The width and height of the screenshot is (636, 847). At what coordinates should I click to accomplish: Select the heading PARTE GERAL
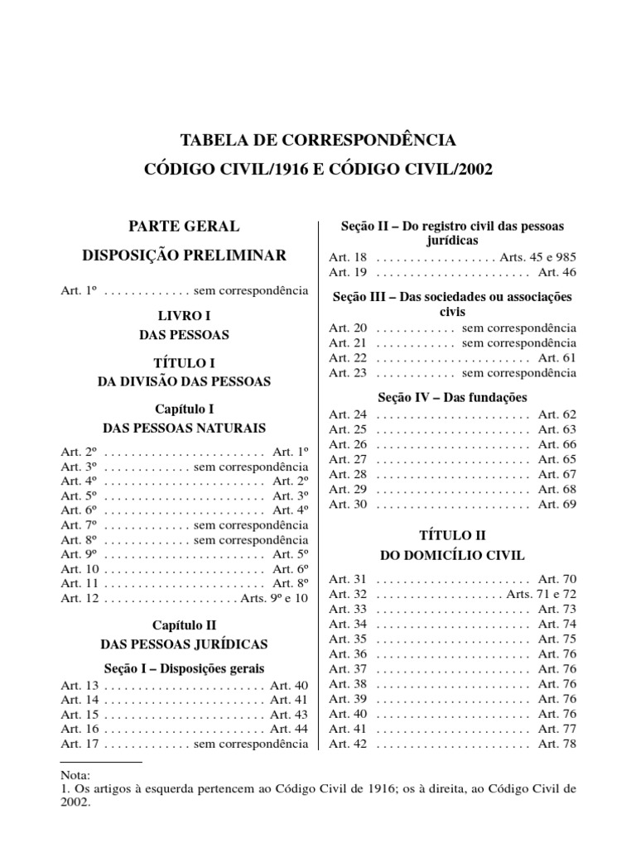coord(184,226)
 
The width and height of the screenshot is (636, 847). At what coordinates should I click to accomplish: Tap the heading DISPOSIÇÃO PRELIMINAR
coord(184,255)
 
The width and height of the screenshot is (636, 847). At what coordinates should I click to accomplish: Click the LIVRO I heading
coord(184,317)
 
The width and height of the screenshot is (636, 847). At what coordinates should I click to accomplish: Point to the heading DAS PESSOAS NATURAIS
coord(184,428)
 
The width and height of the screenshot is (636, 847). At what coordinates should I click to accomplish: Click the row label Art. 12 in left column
coord(80,598)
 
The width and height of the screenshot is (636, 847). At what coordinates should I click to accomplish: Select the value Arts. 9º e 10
coord(274,598)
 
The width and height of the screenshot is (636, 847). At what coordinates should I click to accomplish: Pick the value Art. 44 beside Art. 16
coord(289,729)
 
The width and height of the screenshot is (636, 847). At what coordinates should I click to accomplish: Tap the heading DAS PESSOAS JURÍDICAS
coord(184,643)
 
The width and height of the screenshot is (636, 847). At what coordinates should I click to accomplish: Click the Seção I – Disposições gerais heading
coord(184,668)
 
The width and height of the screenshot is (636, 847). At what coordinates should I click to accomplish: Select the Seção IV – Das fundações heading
coord(452,397)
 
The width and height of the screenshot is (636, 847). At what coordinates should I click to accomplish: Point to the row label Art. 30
coord(348,504)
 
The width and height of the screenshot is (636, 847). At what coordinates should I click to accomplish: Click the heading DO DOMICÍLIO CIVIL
coord(452,555)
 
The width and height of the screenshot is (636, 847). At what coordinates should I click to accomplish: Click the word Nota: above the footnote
coord(75,775)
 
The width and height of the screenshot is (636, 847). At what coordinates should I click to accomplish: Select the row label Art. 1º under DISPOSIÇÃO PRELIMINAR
coord(80,290)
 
